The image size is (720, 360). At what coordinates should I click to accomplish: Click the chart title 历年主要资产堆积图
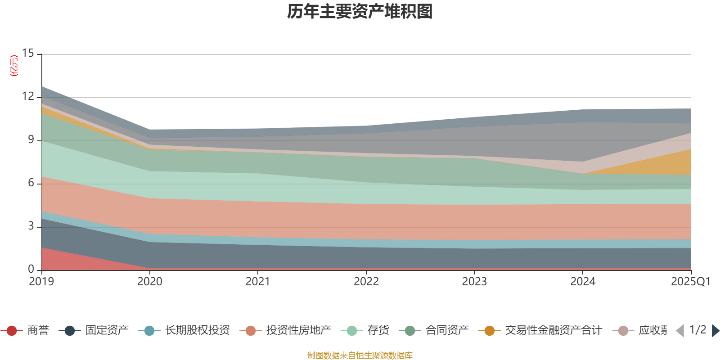click(x=360, y=12)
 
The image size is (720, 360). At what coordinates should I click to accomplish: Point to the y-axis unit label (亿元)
click(x=14, y=66)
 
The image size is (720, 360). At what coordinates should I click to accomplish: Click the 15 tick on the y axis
click(x=28, y=54)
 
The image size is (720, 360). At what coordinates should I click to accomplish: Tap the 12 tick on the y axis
click(x=28, y=97)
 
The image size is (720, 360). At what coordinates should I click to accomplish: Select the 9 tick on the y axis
click(x=31, y=140)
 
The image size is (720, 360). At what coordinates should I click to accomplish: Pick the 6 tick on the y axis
click(x=31, y=183)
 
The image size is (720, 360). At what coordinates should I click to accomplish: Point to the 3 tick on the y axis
click(x=31, y=226)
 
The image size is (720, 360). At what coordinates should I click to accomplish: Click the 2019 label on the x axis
click(x=41, y=282)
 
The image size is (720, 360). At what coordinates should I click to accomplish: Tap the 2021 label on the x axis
click(x=257, y=282)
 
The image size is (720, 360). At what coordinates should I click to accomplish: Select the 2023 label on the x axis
click(x=474, y=282)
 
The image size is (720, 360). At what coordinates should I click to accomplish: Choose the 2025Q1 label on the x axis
click(x=690, y=282)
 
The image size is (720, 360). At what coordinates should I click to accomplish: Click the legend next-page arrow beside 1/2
click(x=715, y=331)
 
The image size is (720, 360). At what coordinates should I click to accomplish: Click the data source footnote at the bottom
click(x=360, y=355)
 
